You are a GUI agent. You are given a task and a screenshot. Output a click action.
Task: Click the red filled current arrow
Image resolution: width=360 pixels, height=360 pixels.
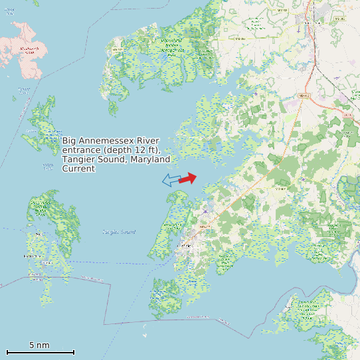click(x=189, y=178)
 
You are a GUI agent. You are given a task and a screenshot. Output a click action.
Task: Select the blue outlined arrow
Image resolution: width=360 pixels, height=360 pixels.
click(x=171, y=180)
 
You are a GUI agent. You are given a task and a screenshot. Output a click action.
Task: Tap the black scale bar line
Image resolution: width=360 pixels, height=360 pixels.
click(x=40, y=352)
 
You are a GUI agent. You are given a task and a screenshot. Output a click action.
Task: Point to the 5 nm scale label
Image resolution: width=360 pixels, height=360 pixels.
click(x=39, y=345)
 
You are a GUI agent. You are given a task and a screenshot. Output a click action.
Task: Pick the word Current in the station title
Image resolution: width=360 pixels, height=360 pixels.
click(x=79, y=169)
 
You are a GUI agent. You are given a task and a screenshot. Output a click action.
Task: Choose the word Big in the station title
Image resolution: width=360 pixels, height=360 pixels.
click(x=70, y=141)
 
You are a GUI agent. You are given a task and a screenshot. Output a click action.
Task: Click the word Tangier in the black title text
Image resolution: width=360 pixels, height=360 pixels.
click(x=79, y=159)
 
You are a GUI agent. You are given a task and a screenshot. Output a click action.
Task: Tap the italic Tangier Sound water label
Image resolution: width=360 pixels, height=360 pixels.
click(x=119, y=232)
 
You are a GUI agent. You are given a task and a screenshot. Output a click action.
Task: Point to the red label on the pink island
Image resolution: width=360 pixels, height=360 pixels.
click(x=28, y=49)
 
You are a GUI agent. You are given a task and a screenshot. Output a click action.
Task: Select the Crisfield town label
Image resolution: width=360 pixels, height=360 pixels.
click(x=183, y=246)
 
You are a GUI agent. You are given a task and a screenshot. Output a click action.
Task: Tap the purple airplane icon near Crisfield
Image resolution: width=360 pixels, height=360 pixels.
click(x=206, y=212)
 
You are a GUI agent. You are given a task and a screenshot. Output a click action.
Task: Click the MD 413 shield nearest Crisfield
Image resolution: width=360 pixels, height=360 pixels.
click(x=204, y=226)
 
